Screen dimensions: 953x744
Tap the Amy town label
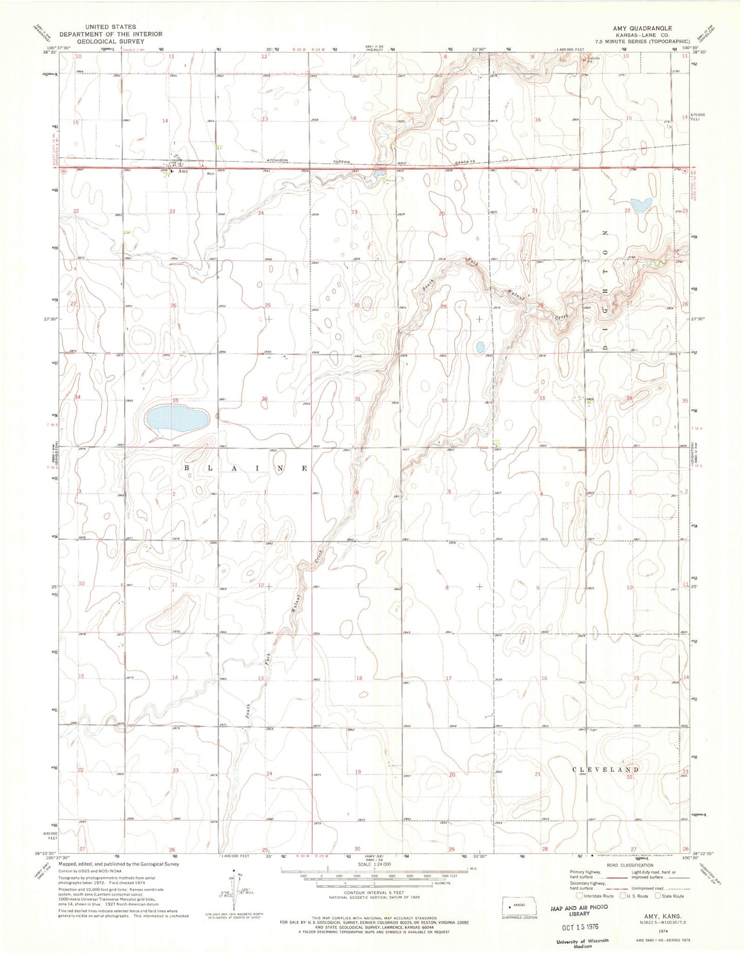(182, 171)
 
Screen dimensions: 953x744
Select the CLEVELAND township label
(606, 769)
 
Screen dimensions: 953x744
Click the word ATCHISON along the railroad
(281, 159)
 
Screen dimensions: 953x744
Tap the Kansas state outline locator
(519, 906)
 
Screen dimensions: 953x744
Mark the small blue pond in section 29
(480, 347)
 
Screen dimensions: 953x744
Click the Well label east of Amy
(210, 174)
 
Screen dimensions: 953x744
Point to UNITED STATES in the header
(111, 27)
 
